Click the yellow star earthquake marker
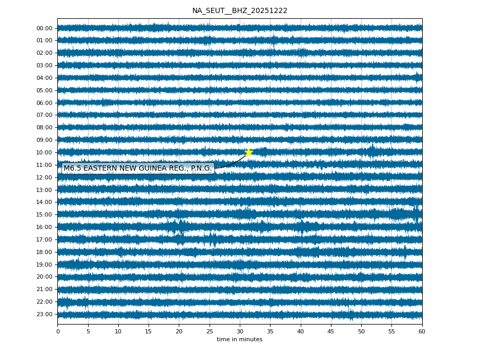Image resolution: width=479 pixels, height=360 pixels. coord(249,152)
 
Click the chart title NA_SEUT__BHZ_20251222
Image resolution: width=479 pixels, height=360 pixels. coord(240,11)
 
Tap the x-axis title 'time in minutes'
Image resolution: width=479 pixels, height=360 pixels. coord(240,340)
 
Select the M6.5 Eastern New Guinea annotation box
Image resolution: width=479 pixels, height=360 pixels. coord(138,168)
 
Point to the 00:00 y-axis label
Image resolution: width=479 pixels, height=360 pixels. coord(44,28)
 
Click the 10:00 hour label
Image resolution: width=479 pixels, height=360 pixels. coord(44,152)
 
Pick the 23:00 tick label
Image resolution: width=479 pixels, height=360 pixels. coord(44,314)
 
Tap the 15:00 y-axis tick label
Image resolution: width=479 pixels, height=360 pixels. coord(44,214)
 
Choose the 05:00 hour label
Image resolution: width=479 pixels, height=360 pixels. coord(44,90)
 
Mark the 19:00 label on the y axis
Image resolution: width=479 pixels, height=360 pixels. coord(44,265)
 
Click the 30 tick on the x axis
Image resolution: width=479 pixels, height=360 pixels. coord(240,331)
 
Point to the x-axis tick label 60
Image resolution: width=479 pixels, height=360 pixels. coord(422,331)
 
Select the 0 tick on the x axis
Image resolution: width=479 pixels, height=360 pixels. coord(58,331)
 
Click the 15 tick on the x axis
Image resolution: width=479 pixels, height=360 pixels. coord(149,331)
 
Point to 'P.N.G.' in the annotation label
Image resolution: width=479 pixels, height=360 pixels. coord(201,168)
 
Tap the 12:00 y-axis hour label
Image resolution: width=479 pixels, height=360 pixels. coord(44,177)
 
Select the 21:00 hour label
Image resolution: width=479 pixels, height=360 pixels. coord(44,289)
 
